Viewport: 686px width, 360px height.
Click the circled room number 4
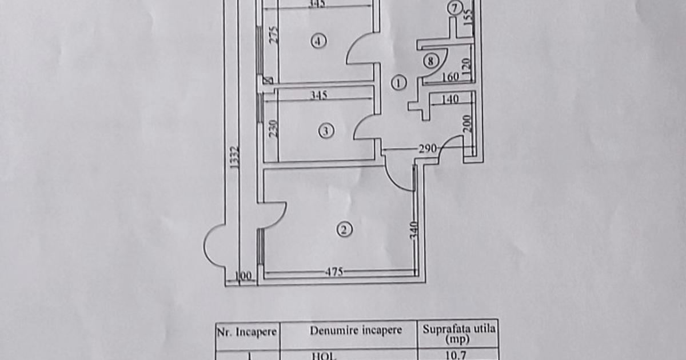coord(318,41)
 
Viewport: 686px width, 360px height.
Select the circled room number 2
coord(344,230)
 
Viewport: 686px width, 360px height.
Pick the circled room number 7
coord(454,8)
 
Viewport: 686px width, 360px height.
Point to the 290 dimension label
coord(427,149)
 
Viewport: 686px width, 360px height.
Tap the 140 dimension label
coord(450,99)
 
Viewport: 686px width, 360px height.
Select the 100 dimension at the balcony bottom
coord(244,277)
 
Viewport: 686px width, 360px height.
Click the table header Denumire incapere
coord(356,330)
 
